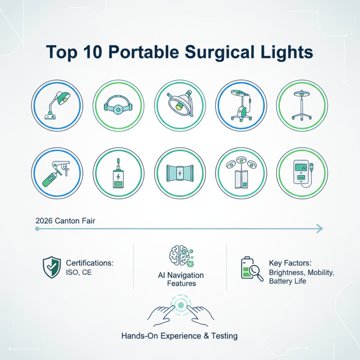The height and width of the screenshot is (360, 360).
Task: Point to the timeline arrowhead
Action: coord(319,229)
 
